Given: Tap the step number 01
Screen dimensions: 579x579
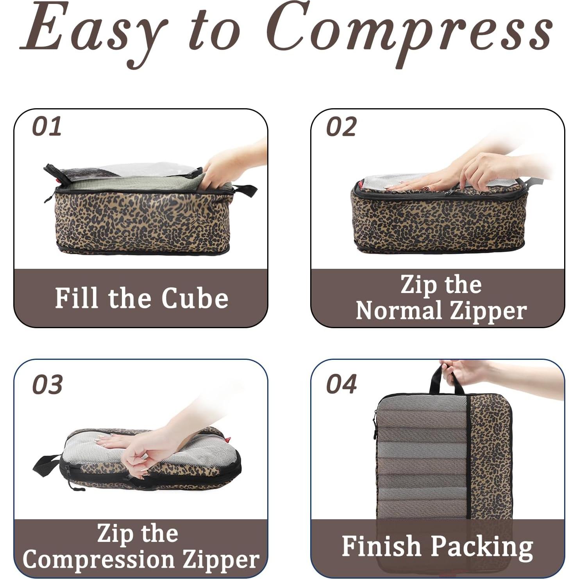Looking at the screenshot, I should [x=47, y=127].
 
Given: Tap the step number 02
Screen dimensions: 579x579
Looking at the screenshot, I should [x=341, y=127].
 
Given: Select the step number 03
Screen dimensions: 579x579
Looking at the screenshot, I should [x=47, y=384].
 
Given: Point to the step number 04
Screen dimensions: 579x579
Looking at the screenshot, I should [x=341, y=384].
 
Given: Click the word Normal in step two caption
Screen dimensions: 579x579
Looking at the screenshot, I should [x=399, y=311].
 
